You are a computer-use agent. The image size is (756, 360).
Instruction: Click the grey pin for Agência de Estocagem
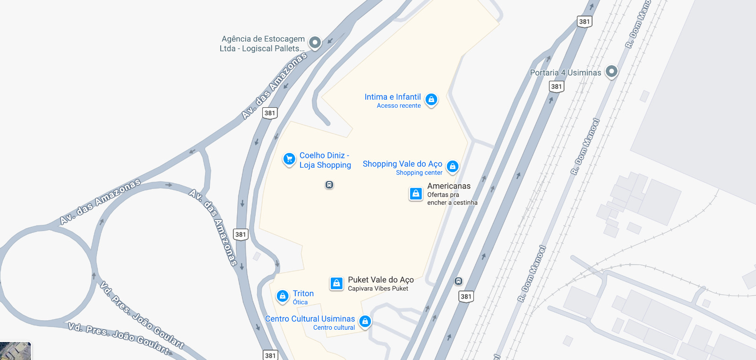coord(315,43)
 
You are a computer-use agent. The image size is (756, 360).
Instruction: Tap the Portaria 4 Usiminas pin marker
coord(611,71)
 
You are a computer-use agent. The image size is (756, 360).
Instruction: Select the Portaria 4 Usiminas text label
coord(565,73)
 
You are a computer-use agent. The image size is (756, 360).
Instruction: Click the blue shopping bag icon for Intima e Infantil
coord(431,99)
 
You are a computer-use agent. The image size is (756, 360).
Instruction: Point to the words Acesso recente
coord(398,106)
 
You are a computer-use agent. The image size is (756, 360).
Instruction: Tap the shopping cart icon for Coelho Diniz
coord(289,159)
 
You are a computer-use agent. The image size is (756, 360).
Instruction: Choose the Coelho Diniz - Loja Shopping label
coord(325,160)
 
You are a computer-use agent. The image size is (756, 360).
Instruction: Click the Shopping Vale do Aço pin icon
coord(452,166)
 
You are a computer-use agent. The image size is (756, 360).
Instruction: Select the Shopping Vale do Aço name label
coord(402,164)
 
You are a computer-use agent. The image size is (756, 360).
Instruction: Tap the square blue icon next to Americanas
coord(416,194)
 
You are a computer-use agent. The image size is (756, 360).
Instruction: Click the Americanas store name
coord(449,186)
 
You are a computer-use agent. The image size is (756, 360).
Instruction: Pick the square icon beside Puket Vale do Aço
coord(336,283)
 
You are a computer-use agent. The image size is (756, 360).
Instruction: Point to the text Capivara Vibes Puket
coord(378,289)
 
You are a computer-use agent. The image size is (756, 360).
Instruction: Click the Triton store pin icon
coord(283,296)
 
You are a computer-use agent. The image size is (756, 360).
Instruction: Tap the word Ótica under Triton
coord(300,302)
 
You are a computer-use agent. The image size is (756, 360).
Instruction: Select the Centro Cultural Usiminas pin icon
coord(365,321)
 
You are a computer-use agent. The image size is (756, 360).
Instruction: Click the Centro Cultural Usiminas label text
coord(310,319)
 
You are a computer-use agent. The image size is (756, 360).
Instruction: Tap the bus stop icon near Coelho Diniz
coord(329,185)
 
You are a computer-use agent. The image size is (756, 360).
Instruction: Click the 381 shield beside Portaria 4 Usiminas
coord(557,86)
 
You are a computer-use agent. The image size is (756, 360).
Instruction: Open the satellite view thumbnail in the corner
coord(15,351)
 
